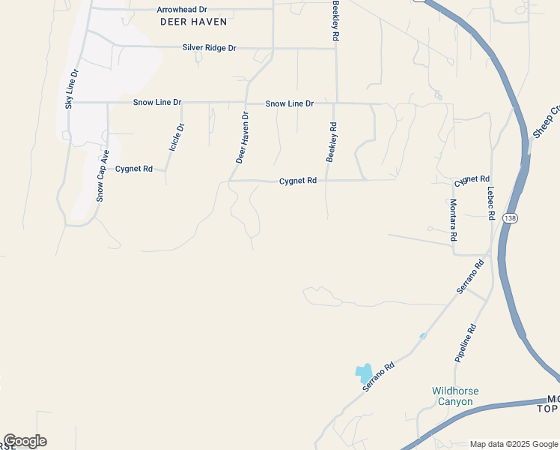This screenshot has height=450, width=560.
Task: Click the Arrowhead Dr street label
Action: [181, 10]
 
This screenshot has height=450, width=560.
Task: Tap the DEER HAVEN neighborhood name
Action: [194, 22]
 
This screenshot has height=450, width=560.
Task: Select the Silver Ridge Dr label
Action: [209, 48]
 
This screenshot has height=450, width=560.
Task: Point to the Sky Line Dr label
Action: [70, 90]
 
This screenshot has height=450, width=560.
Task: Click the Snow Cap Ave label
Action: [103, 175]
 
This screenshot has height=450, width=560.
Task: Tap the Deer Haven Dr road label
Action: [242, 137]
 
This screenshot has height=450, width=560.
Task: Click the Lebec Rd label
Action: [491, 202]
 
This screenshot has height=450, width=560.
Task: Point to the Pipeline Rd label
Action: [465, 343]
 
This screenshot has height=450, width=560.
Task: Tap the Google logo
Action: [25, 441]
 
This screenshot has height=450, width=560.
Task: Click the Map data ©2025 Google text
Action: [514, 444]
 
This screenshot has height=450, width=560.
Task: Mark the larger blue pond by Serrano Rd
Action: [363, 372]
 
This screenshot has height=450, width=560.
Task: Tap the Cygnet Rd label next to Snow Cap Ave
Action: [134, 169]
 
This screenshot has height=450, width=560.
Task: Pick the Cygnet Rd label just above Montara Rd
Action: [472, 181]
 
